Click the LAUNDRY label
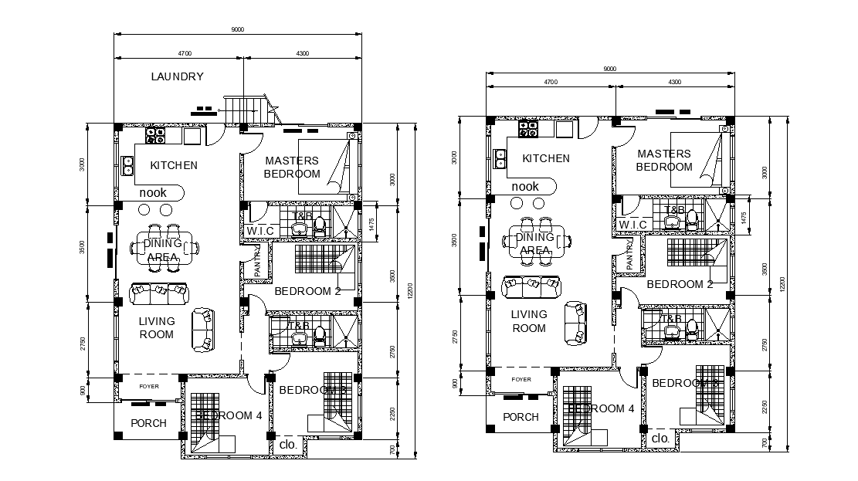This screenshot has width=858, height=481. pyautogui.click(x=177, y=76)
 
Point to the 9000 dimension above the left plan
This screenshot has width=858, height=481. pyautogui.click(x=238, y=29)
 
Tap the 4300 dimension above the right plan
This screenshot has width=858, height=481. pyautogui.click(x=674, y=81)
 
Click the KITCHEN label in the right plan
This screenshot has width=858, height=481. pyautogui.click(x=546, y=158)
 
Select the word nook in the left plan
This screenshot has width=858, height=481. pyautogui.click(x=153, y=192)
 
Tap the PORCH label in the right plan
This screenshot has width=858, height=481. pyautogui.click(x=521, y=417)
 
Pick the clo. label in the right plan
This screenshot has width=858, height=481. pyautogui.click(x=660, y=439)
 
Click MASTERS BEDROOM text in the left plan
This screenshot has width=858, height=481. pyautogui.click(x=291, y=168)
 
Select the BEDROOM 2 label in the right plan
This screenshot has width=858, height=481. pyautogui.click(x=680, y=284)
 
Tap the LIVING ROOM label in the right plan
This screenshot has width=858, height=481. pyautogui.click(x=529, y=321)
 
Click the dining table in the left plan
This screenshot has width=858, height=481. pyautogui.click(x=162, y=247)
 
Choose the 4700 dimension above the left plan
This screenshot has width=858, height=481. pyautogui.click(x=184, y=53)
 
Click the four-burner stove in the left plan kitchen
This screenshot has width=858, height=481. pyautogui.click(x=156, y=135)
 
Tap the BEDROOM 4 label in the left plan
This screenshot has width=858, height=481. pyautogui.click(x=229, y=415)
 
